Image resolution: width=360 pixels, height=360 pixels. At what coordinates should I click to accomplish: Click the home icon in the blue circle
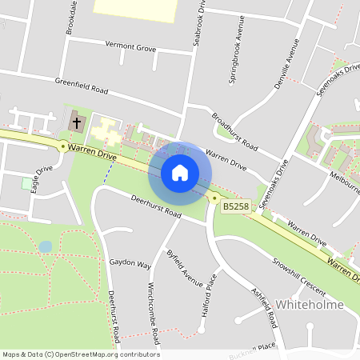pos(180,172)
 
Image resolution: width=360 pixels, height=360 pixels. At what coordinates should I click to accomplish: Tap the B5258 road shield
pos(234,206)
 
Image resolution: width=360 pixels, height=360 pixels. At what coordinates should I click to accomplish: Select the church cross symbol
pos(77,123)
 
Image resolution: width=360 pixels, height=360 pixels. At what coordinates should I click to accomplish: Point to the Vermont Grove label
pos(130,48)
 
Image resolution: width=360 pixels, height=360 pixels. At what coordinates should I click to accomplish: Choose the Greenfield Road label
pos(81,84)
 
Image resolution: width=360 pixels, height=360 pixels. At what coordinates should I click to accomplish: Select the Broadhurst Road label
pos(234,131)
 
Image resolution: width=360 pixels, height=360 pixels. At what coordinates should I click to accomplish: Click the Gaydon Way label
pos(130,263)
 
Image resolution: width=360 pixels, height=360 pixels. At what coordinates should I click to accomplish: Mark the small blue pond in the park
pos(46,246)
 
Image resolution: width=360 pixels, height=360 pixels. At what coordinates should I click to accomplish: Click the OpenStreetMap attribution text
pos(80,354)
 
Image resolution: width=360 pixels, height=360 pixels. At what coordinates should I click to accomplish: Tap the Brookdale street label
pos(71,16)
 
